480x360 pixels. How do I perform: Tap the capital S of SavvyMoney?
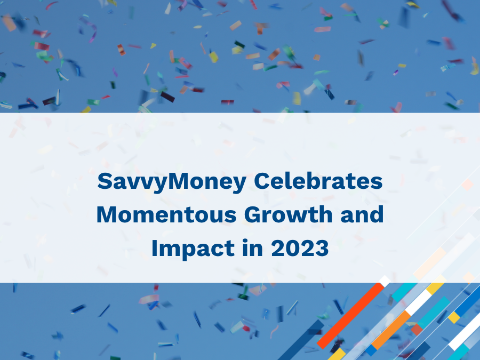coord(103,182)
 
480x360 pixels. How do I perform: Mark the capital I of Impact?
coord(155,249)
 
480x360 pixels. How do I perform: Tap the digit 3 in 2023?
coord(322,249)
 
